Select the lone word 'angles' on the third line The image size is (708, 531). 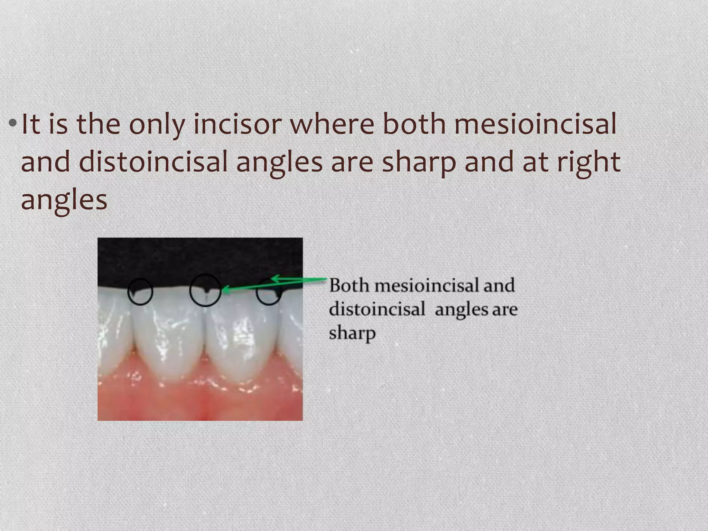click(x=64, y=201)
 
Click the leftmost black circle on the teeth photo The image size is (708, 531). click(x=140, y=292)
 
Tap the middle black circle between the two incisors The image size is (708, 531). click(x=205, y=290)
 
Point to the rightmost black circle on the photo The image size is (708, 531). click(x=268, y=292)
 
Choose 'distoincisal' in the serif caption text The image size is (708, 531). click(x=377, y=309)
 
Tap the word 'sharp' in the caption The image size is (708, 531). click(x=352, y=333)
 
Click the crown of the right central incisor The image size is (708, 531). click(x=242, y=332)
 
